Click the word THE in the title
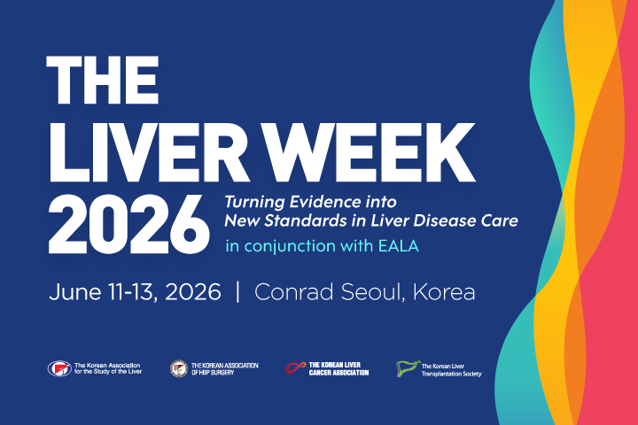105,81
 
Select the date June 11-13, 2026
136,293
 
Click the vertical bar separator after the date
237,293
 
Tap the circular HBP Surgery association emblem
177,367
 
